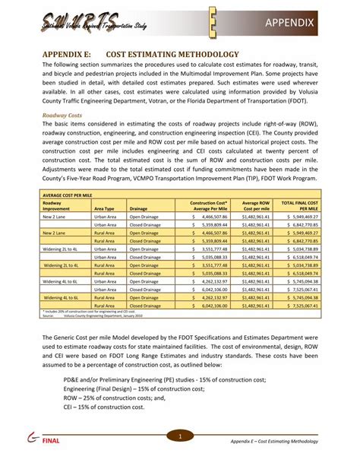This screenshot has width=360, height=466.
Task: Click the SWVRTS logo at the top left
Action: [x=84, y=24]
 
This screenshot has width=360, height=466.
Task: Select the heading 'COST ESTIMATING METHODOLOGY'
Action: [x=171, y=55]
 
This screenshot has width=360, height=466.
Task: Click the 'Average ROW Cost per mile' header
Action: [x=255, y=205]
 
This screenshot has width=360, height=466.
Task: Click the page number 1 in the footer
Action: [x=180, y=436]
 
